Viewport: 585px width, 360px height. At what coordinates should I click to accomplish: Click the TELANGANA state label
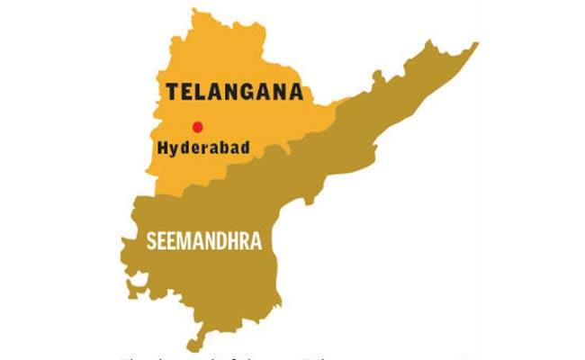click(x=231, y=92)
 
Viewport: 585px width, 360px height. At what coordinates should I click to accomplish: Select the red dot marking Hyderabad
click(x=197, y=127)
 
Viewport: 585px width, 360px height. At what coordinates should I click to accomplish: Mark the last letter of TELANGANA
click(x=294, y=92)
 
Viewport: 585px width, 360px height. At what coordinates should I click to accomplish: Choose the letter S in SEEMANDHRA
click(x=151, y=241)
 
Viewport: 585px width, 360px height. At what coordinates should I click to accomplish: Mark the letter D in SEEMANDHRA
click(x=220, y=241)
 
